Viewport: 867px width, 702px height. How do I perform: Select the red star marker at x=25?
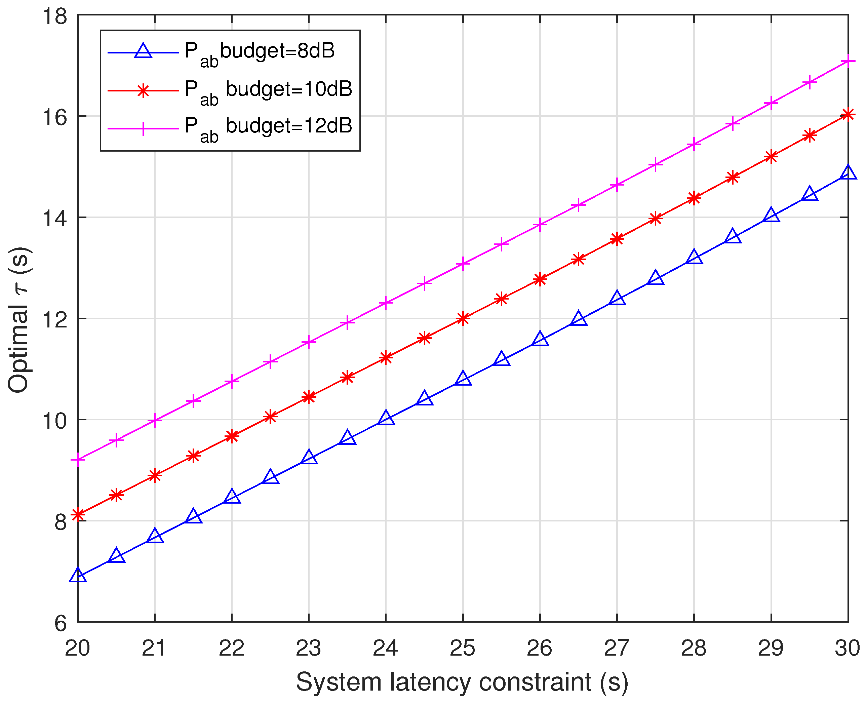[463, 319]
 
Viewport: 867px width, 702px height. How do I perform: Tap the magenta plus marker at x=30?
[848, 61]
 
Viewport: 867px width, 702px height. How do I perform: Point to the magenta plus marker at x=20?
[78, 460]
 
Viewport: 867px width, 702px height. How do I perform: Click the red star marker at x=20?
[78, 515]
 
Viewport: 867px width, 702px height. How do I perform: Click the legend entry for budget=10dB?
[269, 89]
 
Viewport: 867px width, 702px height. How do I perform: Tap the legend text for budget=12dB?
[269, 126]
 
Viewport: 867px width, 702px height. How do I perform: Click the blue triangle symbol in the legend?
[143, 52]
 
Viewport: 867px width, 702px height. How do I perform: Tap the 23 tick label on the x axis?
[309, 648]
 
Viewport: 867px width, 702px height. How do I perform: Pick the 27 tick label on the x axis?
[617, 648]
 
